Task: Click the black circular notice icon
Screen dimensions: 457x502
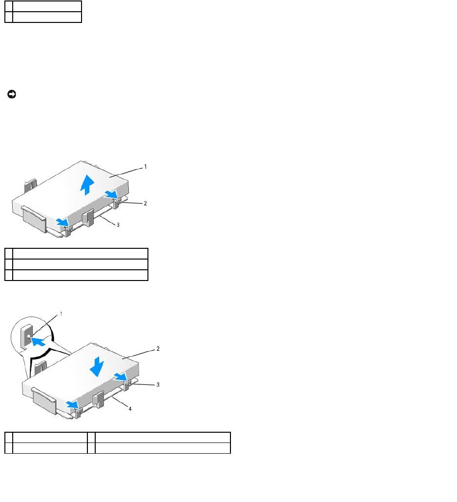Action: tap(12, 94)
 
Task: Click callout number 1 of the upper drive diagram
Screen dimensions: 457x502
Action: tap(145, 167)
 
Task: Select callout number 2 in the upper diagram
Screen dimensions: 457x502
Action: tap(145, 203)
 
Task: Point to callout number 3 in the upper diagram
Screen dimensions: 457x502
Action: tap(118, 225)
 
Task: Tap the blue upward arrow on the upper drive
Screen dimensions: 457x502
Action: tap(86, 185)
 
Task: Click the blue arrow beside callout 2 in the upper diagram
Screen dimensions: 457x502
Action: tap(111, 194)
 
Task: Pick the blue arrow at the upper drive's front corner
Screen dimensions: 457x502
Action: tap(62, 222)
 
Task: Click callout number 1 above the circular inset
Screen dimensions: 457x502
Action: tap(61, 314)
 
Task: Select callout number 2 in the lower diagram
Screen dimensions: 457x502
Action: tap(158, 349)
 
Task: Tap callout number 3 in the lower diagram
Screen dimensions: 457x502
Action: tap(158, 384)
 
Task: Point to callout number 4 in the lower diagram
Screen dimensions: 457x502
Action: tap(130, 408)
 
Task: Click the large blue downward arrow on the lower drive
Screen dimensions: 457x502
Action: tap(97, 366)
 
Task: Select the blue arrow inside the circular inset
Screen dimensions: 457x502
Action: tap(38, 341)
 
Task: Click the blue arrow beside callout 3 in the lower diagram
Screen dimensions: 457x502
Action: tap(121, 377)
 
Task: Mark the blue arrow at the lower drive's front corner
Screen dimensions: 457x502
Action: tap(72, 405)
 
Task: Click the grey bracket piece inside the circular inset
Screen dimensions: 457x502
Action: tap(26, 337)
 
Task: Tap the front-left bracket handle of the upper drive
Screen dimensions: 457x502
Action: tap(34, 219)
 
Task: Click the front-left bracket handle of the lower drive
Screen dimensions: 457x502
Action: tap(44, 400)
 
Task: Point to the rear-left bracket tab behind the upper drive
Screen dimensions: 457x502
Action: tap(30, 185)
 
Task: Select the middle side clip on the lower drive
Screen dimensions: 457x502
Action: tap(99, 399)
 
